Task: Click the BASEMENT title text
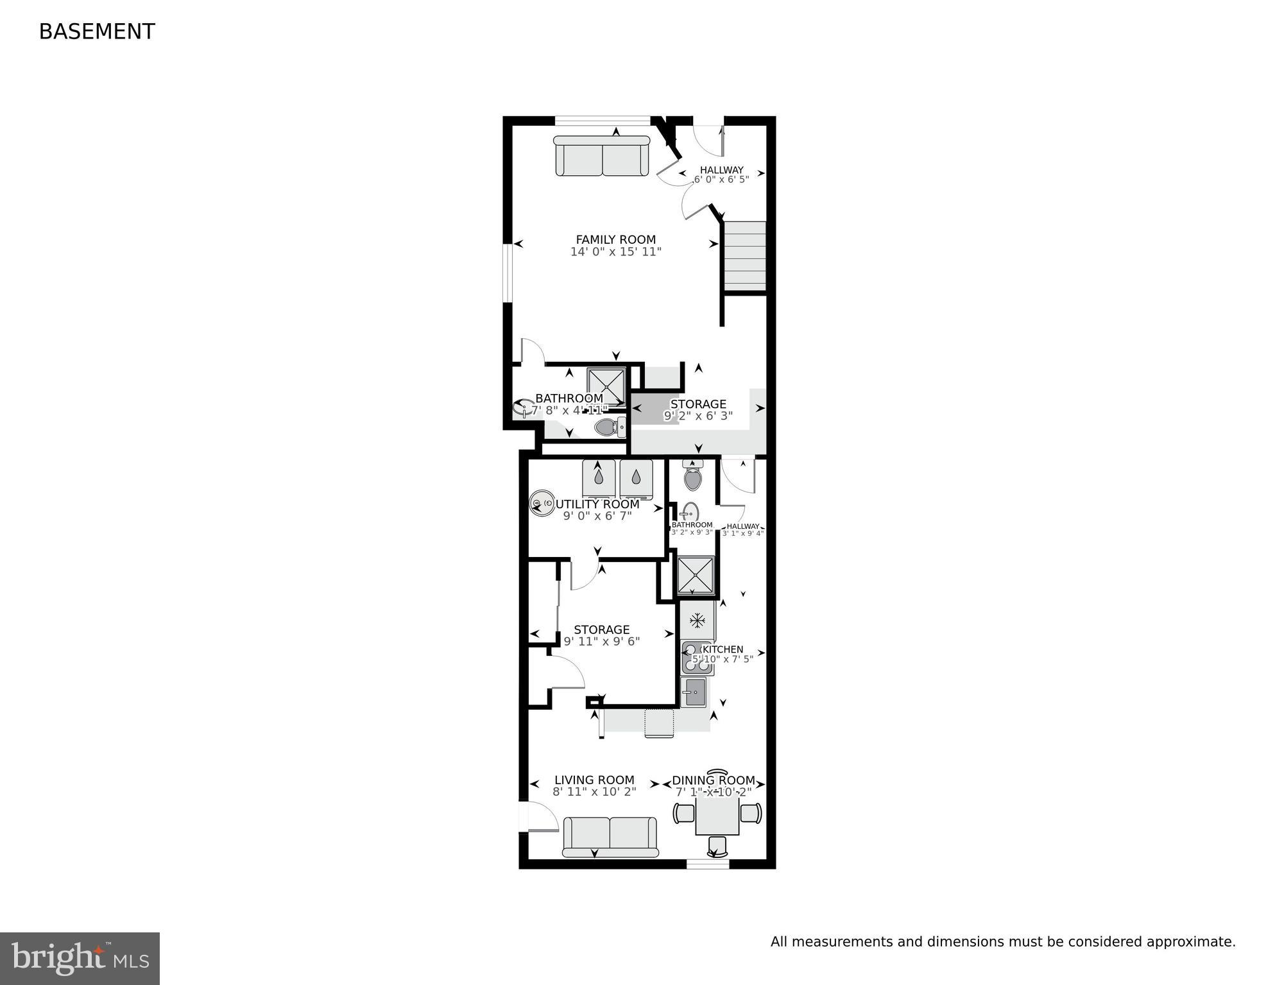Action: pos(97,31)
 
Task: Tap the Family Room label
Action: pos(615,240)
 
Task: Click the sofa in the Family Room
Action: pos(602,156)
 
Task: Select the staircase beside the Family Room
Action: pos(745,256)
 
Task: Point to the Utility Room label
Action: pos(597,504)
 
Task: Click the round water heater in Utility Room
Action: pos(542,504)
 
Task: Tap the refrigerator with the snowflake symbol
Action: pos(697,621)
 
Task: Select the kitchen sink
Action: pos(694,692)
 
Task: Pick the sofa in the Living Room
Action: pos(610,837)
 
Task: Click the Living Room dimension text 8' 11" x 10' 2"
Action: pos(594,792)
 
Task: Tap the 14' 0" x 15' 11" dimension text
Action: pos(615,252)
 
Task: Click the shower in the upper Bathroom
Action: pos(606,386)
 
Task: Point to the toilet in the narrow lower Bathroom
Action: pos(692,476)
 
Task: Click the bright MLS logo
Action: pos(80,959)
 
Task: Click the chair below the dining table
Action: pos(717,846)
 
